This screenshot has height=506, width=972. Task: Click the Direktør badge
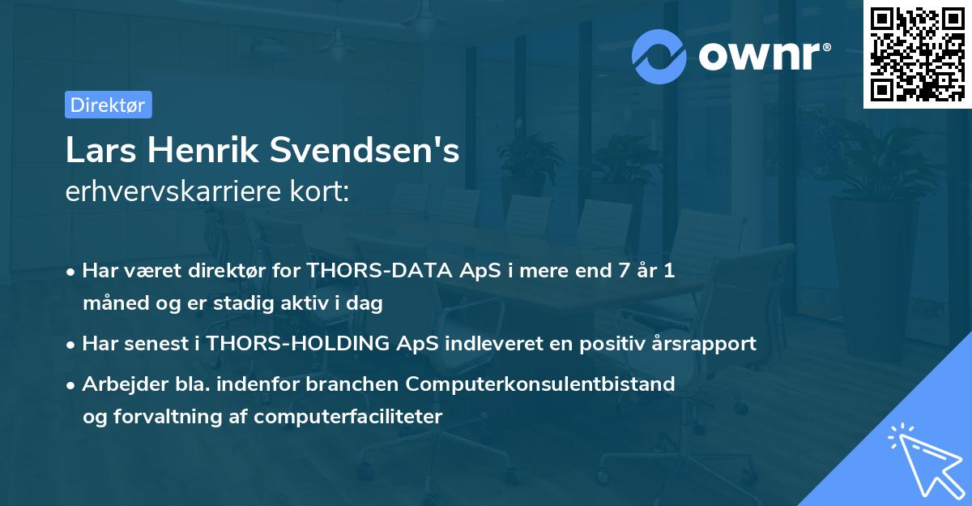pos(108,105)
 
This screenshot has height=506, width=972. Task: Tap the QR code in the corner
pos(917,54)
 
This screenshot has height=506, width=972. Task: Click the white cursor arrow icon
pos(923,459)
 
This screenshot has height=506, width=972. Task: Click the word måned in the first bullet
pos(112,304)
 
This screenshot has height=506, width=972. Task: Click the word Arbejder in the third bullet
pos(118,384)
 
